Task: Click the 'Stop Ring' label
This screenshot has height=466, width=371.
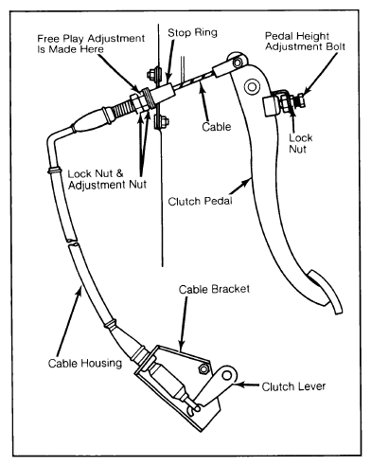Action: [x=192, y=32]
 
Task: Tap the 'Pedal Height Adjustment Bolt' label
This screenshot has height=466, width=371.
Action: [x=305, y=42]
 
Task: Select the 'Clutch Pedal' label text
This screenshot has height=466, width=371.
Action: [x=200, y=201]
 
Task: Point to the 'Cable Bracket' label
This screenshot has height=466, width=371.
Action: [x=214, y=289]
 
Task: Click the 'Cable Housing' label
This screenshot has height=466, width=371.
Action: [x=85, y=363]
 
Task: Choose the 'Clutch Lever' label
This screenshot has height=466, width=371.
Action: [x=293, y=386]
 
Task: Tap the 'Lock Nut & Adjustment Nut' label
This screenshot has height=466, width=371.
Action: [x=107, y=179]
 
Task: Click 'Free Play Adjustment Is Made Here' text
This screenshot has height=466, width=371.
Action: [x=91, y=44]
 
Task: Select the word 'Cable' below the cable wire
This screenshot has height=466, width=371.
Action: [x=217, y=127]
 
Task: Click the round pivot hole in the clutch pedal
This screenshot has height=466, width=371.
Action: [x=252, y=86]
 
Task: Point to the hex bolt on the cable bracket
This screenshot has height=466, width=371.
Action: [x=203, y=368]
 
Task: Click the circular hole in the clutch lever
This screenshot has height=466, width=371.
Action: [x=227, y=375]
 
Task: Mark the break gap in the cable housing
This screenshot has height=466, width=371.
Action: [x=72, y=242]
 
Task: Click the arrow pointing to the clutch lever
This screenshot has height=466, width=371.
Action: [x=247, y=385]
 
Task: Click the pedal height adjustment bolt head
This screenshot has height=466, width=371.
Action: [x=301, y=99]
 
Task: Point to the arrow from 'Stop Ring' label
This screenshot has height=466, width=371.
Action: [x=170, y=61]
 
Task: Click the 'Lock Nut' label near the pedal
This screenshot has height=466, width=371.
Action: [x=301, y=143]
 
